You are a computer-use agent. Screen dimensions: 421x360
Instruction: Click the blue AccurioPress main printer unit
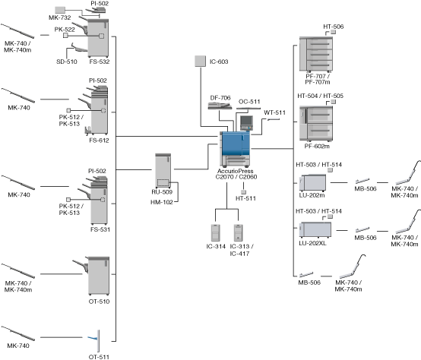click(236, 148)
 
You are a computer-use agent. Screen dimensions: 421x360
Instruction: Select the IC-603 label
click(219, 62)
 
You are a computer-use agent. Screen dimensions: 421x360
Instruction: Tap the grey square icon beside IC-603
click(201, 62)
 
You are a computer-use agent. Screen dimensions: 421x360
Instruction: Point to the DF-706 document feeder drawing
click(220, 106)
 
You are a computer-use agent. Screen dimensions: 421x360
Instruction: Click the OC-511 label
click(249, 102)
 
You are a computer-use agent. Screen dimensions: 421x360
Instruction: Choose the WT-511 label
click(274, 112)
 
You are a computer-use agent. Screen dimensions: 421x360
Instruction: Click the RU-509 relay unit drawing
click(163, 171)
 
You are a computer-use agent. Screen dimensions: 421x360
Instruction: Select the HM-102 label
click(162, 202)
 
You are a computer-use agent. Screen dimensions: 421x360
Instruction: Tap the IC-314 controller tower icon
click(216, 232)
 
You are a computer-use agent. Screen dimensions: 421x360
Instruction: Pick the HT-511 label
click(245, 198)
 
